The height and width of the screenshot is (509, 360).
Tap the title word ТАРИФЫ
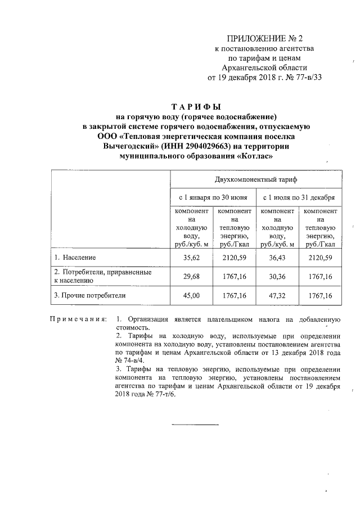(196, 107)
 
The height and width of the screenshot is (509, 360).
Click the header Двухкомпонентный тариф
(255, 179)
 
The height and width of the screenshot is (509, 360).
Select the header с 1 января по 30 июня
(213, 198)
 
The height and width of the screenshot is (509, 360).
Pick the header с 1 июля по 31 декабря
(299, 198)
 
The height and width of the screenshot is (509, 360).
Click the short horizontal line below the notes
(195, 424)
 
